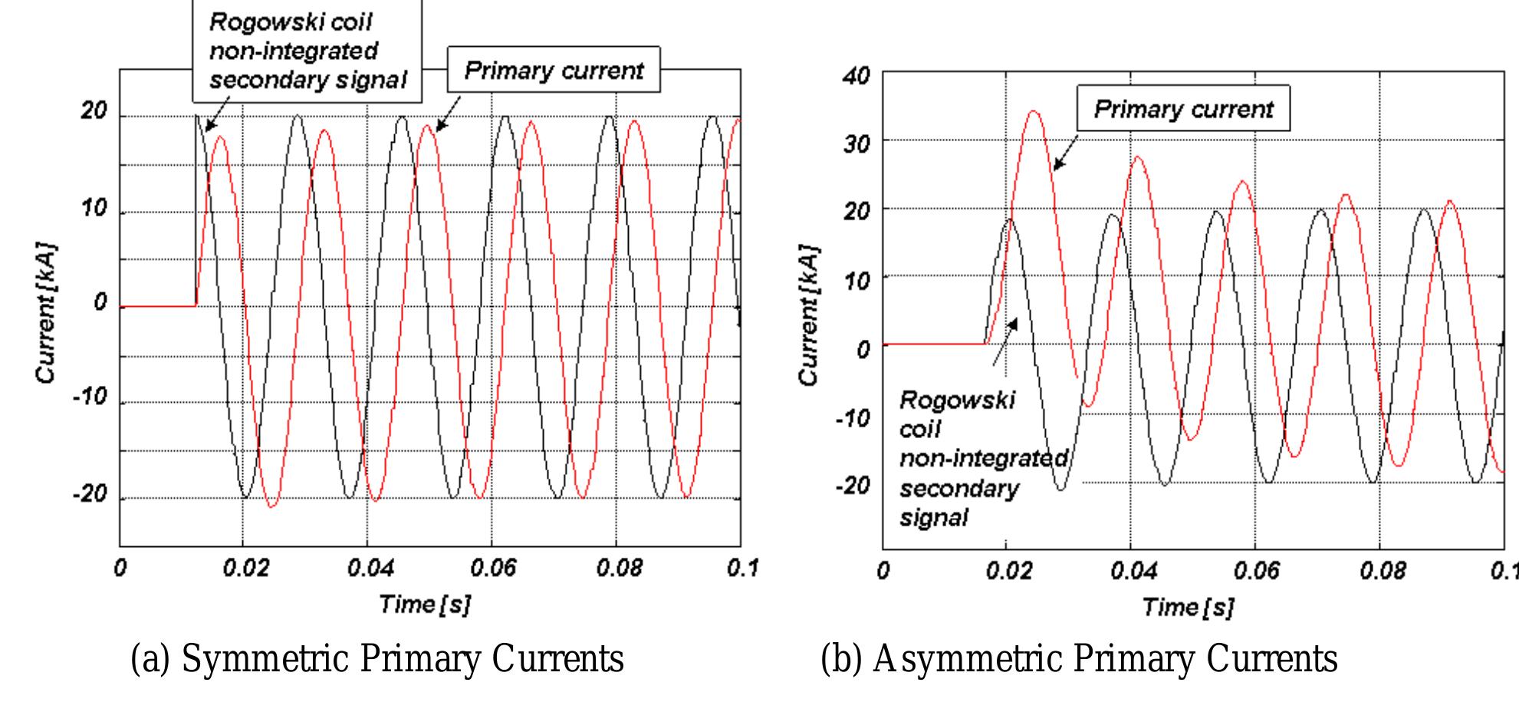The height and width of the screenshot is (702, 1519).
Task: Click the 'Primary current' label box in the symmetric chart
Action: [x=554, y=71]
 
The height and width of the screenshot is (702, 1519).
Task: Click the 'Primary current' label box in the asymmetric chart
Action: [x=1183, y=109]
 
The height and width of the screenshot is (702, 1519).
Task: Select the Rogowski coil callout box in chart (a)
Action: [x=307, y=51]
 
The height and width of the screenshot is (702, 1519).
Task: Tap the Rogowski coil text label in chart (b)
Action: [x=958, y=459]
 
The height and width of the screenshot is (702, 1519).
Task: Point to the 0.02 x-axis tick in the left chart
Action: [x=245, y=569]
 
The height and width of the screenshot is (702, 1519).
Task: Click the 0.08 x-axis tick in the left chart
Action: [x=619, y=569]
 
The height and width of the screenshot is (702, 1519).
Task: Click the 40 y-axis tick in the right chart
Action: [x=856, y=76]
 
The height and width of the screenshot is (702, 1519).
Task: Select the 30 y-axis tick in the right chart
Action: [x=856, y=143]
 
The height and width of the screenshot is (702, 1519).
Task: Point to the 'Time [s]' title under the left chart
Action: [x=425, y=604]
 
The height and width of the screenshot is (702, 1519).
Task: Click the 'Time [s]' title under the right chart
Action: [x=1188, y=607]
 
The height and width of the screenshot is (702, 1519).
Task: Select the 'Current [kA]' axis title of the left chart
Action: [x=46, y=314]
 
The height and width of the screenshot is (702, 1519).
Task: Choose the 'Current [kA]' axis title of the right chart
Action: [x=809, y=316]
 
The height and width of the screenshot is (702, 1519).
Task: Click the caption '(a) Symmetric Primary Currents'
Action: [x=377, y=659]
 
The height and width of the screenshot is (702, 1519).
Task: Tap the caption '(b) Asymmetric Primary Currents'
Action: [x=1079, y=659]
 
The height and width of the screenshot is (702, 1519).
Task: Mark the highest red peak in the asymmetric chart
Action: [x=1034, y=112]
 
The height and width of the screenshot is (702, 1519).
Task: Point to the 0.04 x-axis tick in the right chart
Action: [x=1132, y=572]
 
